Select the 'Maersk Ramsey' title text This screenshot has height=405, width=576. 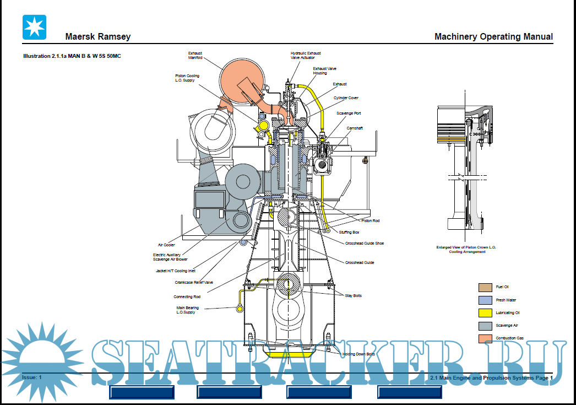[x=98, y=37]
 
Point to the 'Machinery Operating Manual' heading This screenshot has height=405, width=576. [x=493, y=37]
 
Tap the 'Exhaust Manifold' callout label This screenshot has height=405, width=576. [x=195, y=56]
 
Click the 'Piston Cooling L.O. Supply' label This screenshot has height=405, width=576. [x=187, y=78]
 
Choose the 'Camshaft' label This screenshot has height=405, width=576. [x=355, y=128]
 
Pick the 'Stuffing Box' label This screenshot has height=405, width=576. [x=349, y=233]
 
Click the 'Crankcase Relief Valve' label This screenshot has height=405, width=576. [x=194, y=283]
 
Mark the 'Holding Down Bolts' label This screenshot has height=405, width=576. [x=358, y=354]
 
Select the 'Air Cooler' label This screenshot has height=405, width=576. [x=166, y=245]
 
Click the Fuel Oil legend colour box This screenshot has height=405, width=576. [x=485, y=288]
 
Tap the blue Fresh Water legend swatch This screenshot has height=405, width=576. [x=485, y=300]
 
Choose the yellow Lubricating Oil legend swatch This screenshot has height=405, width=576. [x=485, y=313]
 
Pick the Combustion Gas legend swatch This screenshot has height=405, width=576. [x=485, y=338]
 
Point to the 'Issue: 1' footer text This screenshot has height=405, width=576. [x=32, y=377]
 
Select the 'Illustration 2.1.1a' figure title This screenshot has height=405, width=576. [x=72, y=56]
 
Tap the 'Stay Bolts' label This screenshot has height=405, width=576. [x=353, y=296]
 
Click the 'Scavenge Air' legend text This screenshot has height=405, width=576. [x=507, y=326]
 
